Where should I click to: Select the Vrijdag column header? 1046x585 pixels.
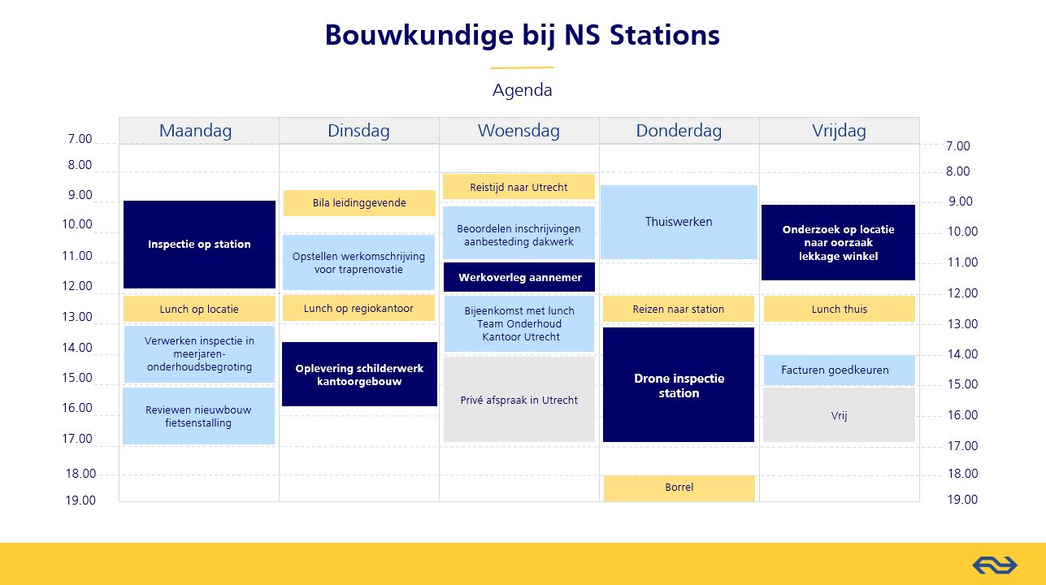839,131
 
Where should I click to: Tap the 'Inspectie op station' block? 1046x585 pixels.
199,245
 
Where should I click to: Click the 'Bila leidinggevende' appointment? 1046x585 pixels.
359,203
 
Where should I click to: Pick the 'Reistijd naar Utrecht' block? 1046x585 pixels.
519,187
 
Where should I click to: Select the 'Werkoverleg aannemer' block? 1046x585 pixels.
519,277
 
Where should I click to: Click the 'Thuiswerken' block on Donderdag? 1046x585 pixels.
679,222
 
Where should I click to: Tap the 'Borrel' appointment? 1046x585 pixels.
679,487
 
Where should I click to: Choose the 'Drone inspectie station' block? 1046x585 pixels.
679,384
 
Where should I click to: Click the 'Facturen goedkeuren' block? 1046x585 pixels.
839,370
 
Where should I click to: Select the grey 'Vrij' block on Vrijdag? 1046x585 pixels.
839,415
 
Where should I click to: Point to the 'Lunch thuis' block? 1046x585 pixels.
839,309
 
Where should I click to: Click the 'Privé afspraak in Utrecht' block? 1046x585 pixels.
519,400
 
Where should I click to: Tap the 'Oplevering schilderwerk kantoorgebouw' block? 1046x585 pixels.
359,374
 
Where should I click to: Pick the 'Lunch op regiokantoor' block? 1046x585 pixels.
358,308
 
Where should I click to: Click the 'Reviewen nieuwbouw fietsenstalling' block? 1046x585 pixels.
198,416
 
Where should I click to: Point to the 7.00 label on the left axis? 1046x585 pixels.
80,139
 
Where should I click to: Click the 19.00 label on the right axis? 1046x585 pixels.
962,499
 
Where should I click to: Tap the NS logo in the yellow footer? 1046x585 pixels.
995,565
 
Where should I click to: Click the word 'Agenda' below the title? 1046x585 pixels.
522,89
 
